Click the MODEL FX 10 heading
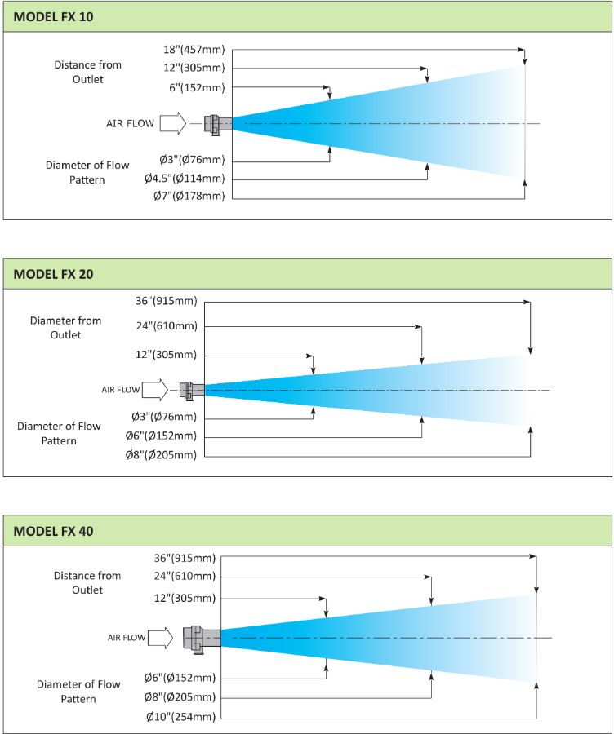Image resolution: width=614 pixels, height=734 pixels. (x=53, y=17)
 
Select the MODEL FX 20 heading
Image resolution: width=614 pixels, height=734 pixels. (x=53, y=274)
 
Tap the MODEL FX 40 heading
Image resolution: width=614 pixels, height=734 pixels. (x=53, y=531)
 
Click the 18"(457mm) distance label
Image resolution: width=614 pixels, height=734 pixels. (x=194, y=49)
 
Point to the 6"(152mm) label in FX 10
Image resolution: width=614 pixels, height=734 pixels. (x=197, y=87)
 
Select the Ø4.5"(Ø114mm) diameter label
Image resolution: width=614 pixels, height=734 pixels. (x=185, y=178)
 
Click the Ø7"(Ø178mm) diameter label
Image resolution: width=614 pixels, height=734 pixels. (x=189, y=196)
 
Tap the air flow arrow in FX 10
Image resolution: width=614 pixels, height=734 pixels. (x=173, y=124)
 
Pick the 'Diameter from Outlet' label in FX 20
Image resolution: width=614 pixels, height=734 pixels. (x=65, y=328)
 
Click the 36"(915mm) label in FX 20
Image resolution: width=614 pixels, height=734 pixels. (x=167, y=301)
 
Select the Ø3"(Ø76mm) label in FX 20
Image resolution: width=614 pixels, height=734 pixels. (x=164, y=416)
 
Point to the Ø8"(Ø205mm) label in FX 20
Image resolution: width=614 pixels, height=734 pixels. (x=161, y=454)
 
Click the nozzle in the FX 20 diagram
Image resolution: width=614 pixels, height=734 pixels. (x=192, y=391)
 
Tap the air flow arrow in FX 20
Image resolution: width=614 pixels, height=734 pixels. (x=155, y=390)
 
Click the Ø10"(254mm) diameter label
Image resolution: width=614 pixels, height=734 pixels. (x=180, y=717)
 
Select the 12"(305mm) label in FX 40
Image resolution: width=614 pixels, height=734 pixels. (x=185, y=598)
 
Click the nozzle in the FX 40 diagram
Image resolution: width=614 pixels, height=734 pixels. (x=202, y=637)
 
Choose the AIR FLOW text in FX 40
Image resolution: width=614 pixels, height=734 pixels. (x=127, y=638)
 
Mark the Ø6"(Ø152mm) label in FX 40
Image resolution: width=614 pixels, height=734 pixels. (x=180, y=678)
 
